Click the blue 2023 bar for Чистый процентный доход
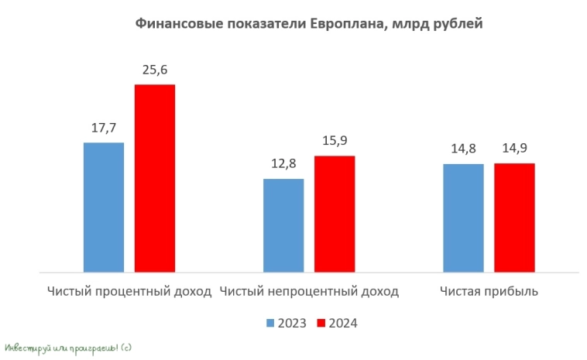click(x=104, y=207)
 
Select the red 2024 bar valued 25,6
click(x=155, y=178)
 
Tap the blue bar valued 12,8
click(x=283, y=225)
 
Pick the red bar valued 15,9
click(x=335, y=214)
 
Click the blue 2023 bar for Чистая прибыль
click(x=463, y=218)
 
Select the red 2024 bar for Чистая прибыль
click(x=514, y=218)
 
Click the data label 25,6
click(x=155, y=70)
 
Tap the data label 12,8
click(x=283, y=165)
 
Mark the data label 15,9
click(x=335, y=142)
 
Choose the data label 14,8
click(x=463, y=149)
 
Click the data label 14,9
click(x=514, y=149)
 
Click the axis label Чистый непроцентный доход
click(x=309, y=292)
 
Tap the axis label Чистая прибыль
click(x=489, y=292)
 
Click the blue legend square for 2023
click(x=270, y=323)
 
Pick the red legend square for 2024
click(x=322, y=323)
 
